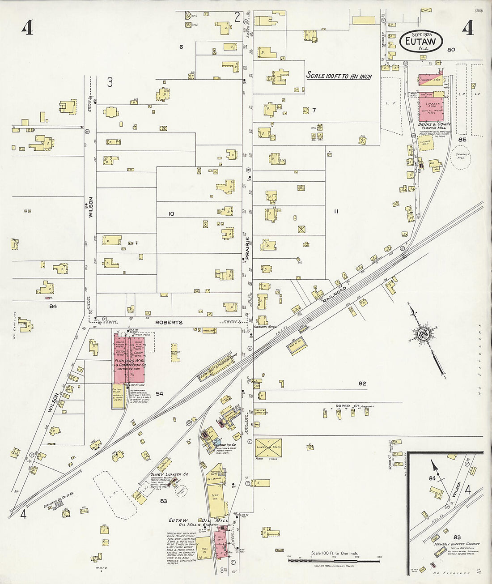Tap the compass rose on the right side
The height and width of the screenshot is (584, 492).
click(423, 334)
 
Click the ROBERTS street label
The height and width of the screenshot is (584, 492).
click(169, 322)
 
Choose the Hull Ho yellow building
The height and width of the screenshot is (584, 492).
click(204, 548)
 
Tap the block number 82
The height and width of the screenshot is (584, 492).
click(362, 384)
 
